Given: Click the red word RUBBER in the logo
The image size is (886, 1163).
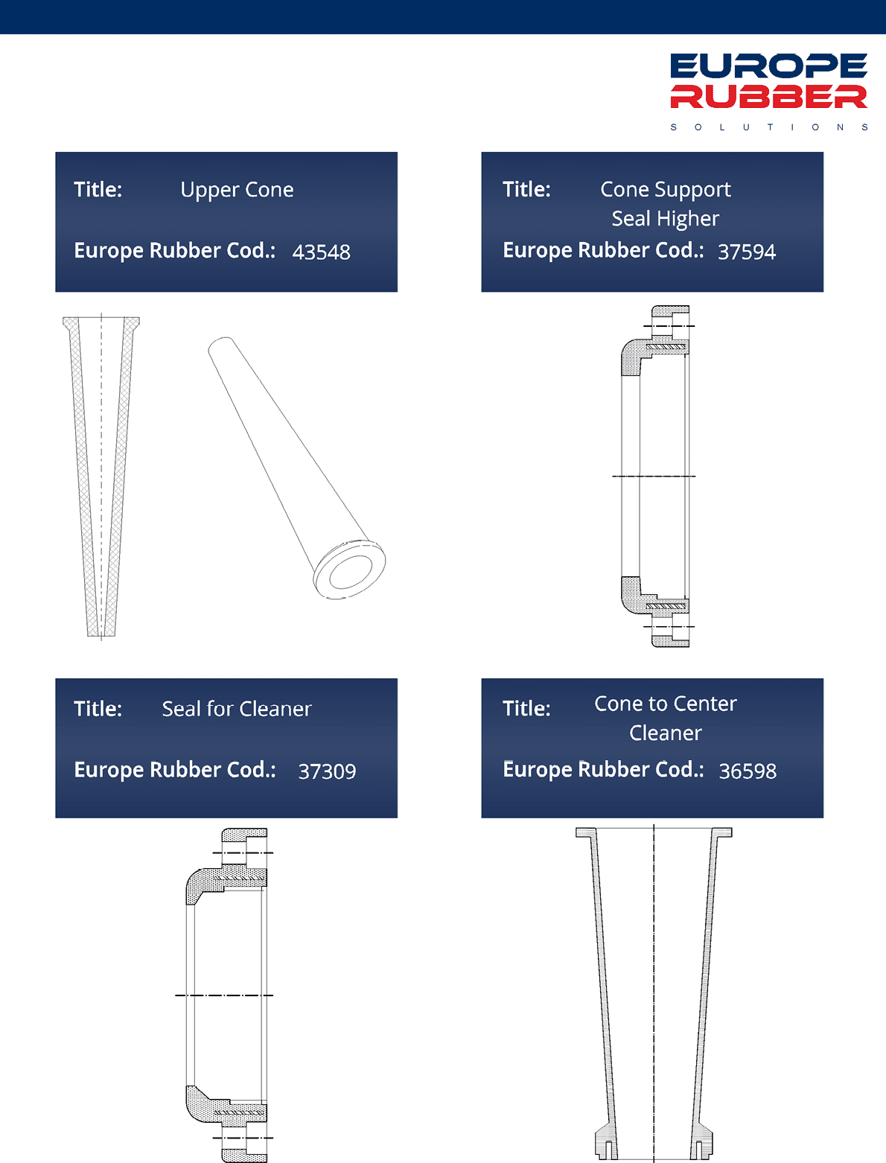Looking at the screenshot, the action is (x=768, y=97).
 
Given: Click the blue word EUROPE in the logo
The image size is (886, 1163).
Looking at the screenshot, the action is (x=768, y=66).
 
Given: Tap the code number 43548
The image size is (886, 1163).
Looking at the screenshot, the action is (x=322, y=252).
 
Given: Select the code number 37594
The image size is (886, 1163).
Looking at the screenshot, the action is (x=747, y=252).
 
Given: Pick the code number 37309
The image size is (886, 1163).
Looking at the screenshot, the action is (x=328, y=771).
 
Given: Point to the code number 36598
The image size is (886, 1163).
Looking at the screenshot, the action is (x=748, y=771).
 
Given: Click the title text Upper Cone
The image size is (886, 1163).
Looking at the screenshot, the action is (x=237, y=190).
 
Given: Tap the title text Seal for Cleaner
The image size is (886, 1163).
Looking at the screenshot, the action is (x=237, y=709).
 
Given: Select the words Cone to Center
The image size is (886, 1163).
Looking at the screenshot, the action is (x=665, y=704).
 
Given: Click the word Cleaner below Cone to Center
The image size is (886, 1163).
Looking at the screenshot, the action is (x=665, y=733).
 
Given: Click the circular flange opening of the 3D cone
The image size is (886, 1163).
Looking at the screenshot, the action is (x=349, y=570).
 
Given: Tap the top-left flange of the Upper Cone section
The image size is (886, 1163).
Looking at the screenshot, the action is (x=71, y=322).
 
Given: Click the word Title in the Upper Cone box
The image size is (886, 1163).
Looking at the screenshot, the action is (x=98, y=190).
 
